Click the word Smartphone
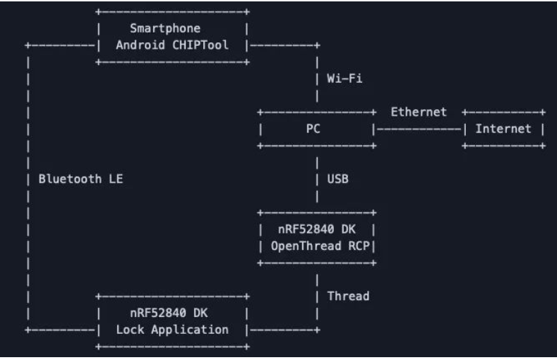(165, 28)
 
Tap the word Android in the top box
(140, 45)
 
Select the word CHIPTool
(200, 45)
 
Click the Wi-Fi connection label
(345, 78)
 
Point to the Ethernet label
(419, 112)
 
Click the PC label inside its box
(313, 128)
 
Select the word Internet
(503, 128)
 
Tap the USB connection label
(338, 179)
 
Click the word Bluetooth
(70, 179)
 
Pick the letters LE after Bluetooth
(116, 179)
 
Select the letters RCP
(359, 246)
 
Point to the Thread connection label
(348, 296)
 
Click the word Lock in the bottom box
(130, 330)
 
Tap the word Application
(190, 330)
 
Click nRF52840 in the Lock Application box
(158, 313)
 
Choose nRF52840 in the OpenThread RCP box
(306, 229)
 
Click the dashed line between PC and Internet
(419, 129)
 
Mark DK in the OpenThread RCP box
(349, 229)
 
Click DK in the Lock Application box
(200, 313)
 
